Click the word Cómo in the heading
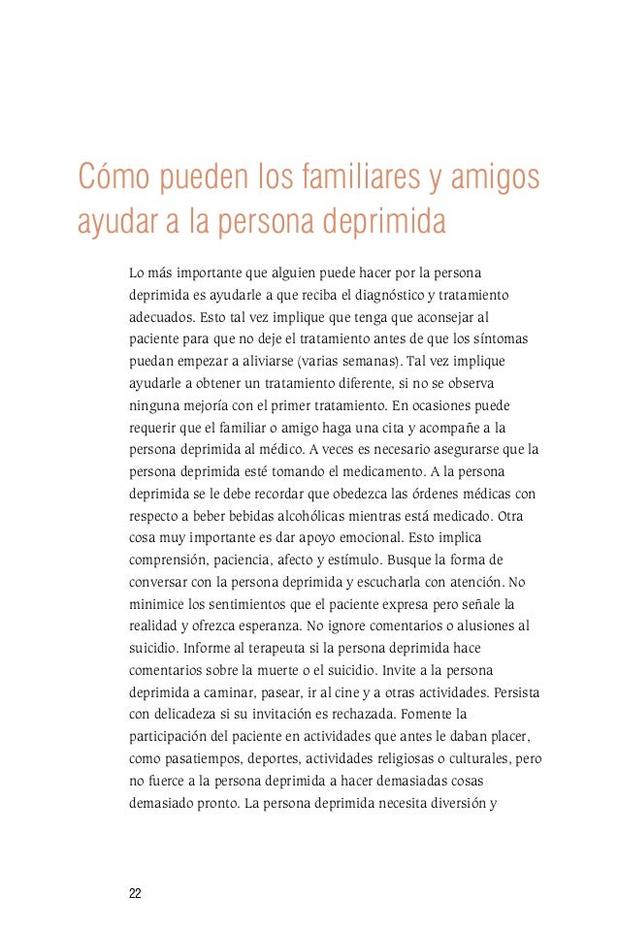[x=109, y=178]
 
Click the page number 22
[x=135, y=892]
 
